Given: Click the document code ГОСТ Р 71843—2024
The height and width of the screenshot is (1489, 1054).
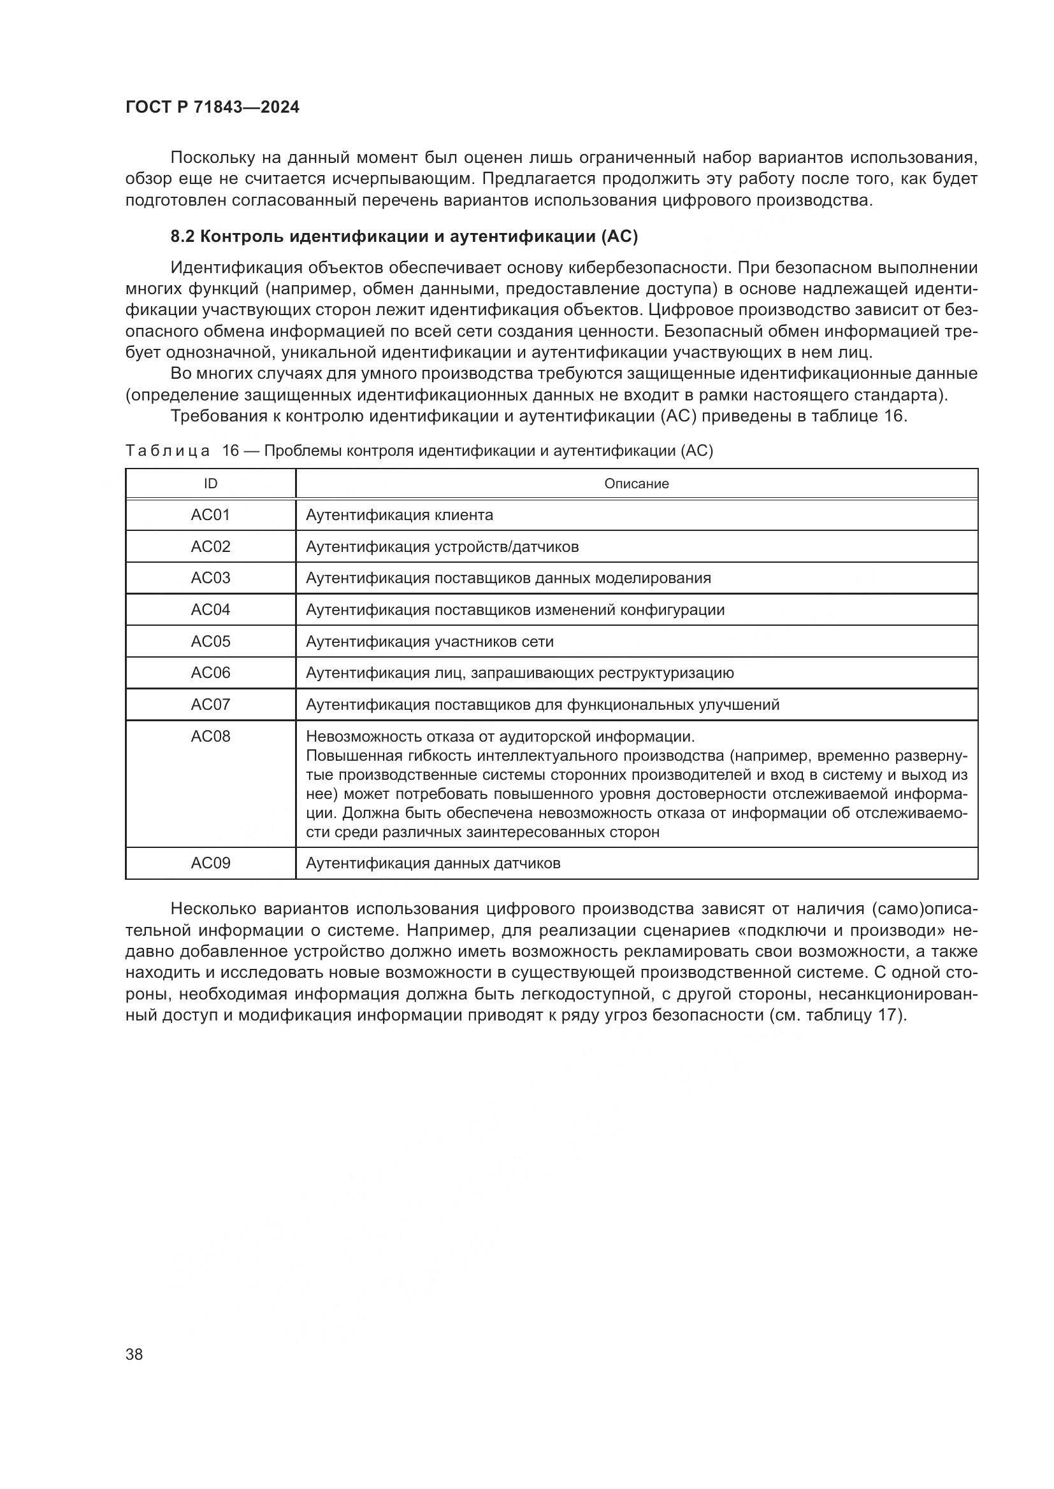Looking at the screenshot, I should point(212,108).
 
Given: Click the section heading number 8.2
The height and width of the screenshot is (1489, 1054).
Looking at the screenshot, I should point(182,237).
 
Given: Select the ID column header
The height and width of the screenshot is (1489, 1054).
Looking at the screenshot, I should point(210,484).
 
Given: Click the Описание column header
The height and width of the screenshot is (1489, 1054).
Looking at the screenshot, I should point(636,484).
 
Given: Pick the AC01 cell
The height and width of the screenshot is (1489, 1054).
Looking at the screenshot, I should point(210,515).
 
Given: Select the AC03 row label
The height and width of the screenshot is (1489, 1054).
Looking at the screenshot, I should point(210,578).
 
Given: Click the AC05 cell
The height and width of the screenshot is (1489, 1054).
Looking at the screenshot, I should point(210,642).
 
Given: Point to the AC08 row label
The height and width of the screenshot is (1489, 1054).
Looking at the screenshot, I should point(210,736).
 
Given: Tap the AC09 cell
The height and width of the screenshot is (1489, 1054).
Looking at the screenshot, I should point(210,863).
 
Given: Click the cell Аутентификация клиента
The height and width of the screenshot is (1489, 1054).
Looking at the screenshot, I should point(399,515).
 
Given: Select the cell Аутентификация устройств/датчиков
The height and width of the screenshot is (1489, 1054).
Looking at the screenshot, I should point(442,547).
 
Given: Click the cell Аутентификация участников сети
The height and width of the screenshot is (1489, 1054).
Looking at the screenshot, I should point(430,642).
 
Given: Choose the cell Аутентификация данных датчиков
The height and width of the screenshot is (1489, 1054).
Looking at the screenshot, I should point(433,863).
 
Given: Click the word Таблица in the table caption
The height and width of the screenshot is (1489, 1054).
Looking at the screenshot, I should point(168,451).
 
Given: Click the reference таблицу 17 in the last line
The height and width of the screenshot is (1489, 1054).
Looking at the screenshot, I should point(853,1015).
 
